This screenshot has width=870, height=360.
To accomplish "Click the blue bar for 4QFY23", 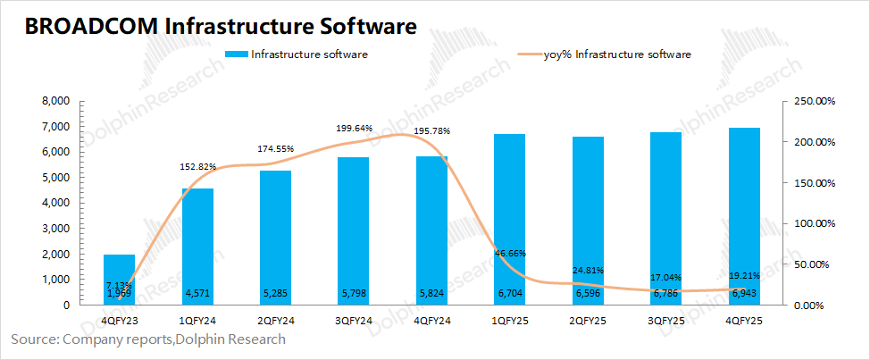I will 119,280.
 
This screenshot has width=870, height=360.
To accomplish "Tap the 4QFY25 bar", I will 744,215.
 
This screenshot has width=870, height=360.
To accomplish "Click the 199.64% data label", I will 354,129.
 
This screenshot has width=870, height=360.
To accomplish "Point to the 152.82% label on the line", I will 198,166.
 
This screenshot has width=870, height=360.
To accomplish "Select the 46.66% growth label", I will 508,255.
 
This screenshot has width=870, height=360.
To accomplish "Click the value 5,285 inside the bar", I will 276,293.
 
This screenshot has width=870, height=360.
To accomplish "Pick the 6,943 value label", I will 744,293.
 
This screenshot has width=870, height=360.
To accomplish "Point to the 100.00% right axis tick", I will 814,223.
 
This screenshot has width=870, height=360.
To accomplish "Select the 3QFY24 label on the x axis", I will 354,322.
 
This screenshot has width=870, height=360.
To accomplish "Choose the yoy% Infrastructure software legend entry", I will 617,55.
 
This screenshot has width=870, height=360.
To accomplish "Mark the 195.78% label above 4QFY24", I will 431,131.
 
